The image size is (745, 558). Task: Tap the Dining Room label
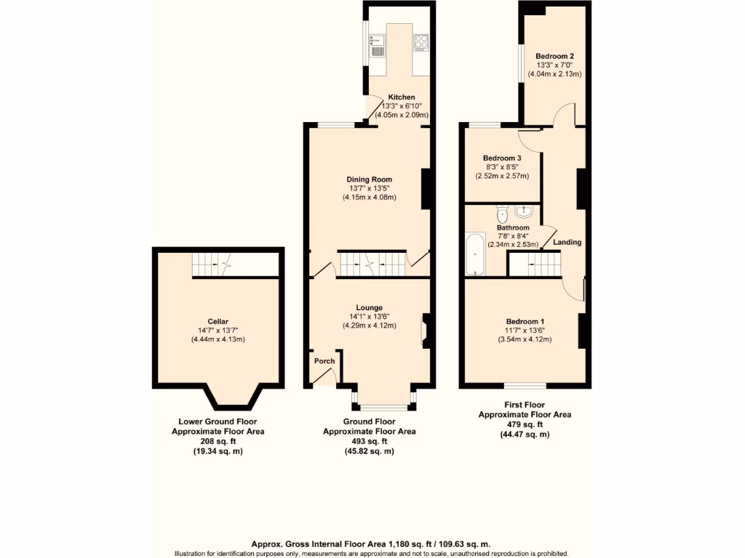point(369,179)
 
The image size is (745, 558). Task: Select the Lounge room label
point(369,307)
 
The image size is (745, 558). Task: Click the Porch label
point(324,361)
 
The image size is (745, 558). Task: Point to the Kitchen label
point(401,97)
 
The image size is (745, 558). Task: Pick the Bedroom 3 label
point(502,158)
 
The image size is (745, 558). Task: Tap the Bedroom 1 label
point(525,321)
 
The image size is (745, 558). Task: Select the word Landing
point(567,242)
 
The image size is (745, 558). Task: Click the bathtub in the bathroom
point(476,254)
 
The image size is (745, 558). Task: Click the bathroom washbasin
point(524,211)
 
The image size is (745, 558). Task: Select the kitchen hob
point(421,43)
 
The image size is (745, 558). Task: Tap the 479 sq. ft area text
point(524,424)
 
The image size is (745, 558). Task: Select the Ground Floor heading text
point(369,421)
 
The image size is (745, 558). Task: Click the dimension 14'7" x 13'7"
point(218,331)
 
